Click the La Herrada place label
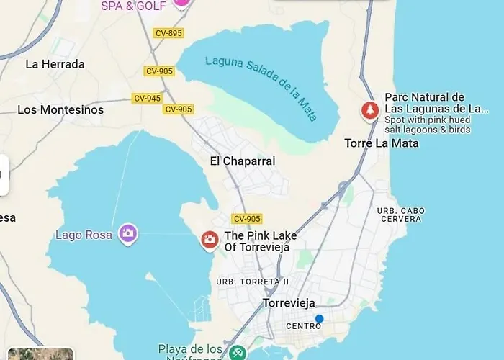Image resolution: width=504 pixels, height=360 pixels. [x=55, y=64]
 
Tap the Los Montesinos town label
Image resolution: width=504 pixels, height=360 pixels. [x=60, y=110]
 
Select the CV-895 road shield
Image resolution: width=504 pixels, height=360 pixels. [x=168, y=33]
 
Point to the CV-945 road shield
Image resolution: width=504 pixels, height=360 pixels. [x=147, y=98]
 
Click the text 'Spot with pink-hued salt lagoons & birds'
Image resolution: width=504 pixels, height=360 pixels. [x=428, y=125]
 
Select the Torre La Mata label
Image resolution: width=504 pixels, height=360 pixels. [x=382, y=143]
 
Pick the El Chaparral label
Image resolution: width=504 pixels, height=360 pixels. [x=243, y=161]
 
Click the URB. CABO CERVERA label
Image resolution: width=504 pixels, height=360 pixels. [x=400, y=214]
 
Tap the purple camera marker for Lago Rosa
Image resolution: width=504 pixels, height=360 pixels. [x=128, y=233]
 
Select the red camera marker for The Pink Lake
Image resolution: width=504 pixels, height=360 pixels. [x=210, y=240]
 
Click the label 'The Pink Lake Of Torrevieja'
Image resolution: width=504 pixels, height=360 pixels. [x=260, y=241]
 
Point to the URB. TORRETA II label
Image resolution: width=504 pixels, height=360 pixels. [x=253, y=282]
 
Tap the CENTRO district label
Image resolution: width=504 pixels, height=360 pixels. [x=303, y=326]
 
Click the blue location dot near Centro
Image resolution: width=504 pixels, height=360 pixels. [x=319, y=318]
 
